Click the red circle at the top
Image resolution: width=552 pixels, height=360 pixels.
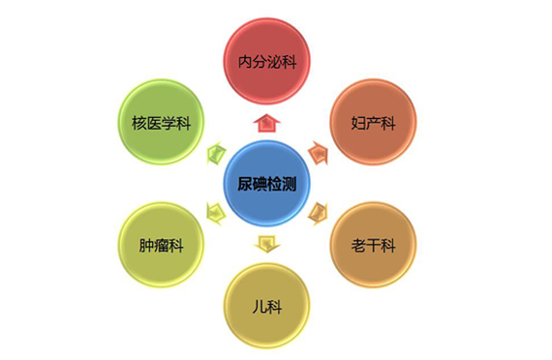click(x=266, y=60)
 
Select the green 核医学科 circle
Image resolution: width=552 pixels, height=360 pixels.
click(x=160, y=122)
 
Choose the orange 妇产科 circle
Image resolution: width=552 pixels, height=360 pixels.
click(x=373, y=123)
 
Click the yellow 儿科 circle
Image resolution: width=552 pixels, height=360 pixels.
click(x=266, y=306)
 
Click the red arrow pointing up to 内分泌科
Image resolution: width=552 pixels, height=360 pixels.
click(x=266, y=122)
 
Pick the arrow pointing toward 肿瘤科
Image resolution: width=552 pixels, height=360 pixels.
click(x=215, y=213)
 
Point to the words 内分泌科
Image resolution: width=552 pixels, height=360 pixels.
click(x=266, y=61)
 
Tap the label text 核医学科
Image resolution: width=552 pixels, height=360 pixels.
click(x=160, y=123)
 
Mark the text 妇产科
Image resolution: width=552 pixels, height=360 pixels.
click(x=373, y=124)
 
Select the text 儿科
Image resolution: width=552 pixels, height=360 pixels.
click(x=266, y=307)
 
